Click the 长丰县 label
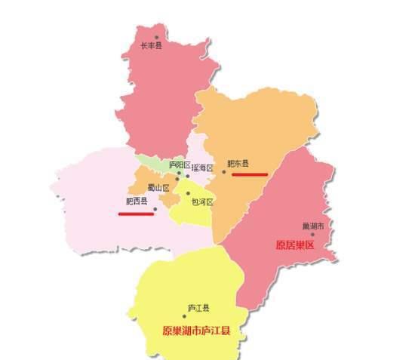151,45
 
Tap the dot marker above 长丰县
157,36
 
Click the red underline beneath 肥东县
249,174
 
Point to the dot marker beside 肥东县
223,172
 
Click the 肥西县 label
137,202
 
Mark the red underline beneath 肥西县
136,213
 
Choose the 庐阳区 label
180,164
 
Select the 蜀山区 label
158,188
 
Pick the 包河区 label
202,202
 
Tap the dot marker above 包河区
188,193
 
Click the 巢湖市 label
312,226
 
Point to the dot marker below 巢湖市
312,235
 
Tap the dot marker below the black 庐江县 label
194,316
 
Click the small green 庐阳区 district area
151,162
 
